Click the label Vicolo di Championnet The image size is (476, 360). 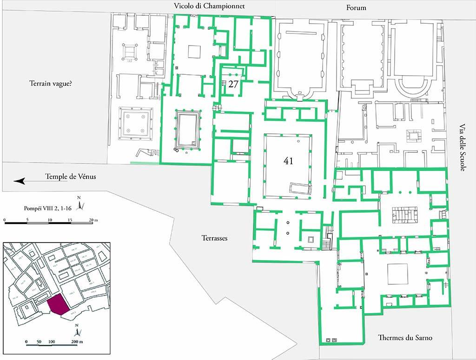tap(209, 7)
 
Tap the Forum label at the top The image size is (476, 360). tap(356, 7)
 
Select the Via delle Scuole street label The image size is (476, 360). tap(462, 148)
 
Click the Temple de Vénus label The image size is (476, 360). tap(70, 177)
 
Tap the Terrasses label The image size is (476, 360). tap(214, 237)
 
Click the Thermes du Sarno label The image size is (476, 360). tap(405, 338)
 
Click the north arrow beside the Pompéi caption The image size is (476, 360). tap(80, 204)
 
